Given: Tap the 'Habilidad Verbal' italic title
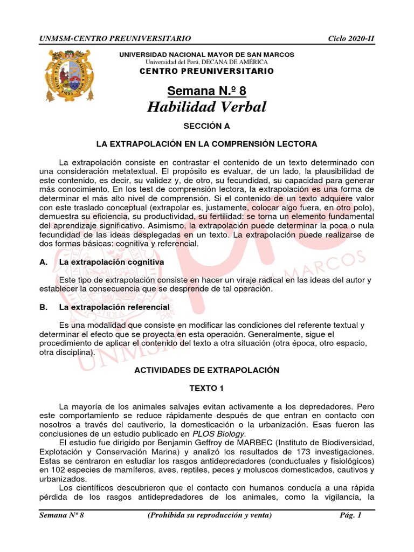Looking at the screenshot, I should coord(206,107).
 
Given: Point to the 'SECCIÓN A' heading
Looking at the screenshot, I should coord(206,126).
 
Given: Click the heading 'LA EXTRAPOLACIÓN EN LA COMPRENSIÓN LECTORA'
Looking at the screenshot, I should coord(206,144).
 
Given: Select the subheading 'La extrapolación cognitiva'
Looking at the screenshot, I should coord(112,261).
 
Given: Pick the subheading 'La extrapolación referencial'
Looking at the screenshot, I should coord(114,307).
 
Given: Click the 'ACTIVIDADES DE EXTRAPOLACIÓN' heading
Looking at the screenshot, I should coord(206,370).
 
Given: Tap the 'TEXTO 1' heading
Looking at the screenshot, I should coord(206,388).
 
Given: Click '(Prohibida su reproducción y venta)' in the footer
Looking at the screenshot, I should coord(210,515).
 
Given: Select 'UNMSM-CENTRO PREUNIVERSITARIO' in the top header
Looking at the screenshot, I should coord(115,38).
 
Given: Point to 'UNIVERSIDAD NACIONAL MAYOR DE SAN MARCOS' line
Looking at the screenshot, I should coord(206,55).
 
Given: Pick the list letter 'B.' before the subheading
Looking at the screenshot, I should coord(44,307).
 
